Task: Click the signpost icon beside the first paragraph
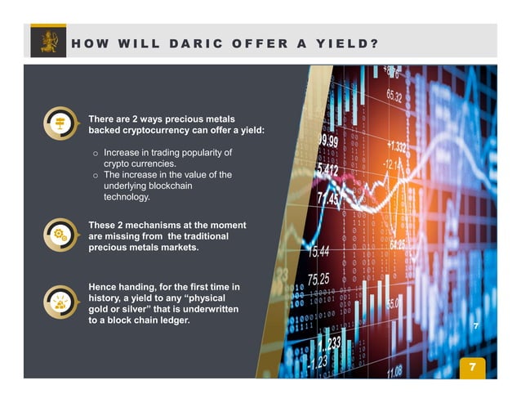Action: pyautogui.click(x=59, y=123)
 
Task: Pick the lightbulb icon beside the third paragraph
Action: pyautogui.click(x=59, y=301)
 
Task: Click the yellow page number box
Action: pyautogui.click(x=470, y=367)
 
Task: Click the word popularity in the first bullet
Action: pyautogui.click(x=202, y=153)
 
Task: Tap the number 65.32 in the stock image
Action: pyautogui.click(x=394, y=96)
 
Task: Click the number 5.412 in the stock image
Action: pyautogui.click(x=327, y=169)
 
